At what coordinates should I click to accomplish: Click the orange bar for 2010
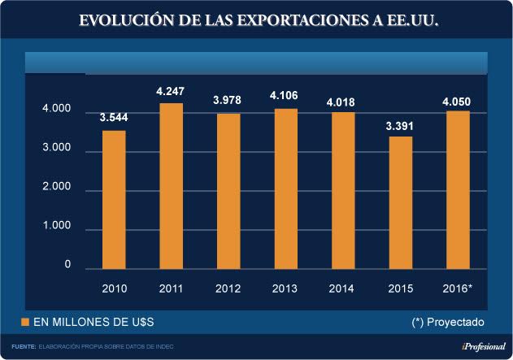114,200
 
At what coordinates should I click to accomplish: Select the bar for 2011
171,186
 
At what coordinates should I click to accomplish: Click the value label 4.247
171,92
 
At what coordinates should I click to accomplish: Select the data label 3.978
228,101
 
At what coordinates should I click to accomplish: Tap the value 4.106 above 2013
285,96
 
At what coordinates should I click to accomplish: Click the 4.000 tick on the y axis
57,110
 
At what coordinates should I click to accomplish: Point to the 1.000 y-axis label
57,228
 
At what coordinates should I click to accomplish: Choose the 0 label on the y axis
67,266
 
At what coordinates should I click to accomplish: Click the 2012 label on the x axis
228,288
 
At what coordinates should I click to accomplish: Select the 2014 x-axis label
341,288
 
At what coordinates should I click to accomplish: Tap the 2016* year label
456,288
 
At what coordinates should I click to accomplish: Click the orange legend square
25,323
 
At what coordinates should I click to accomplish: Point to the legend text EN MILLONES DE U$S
93,323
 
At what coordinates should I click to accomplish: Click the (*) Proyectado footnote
448,323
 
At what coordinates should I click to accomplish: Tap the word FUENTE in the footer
24,347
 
